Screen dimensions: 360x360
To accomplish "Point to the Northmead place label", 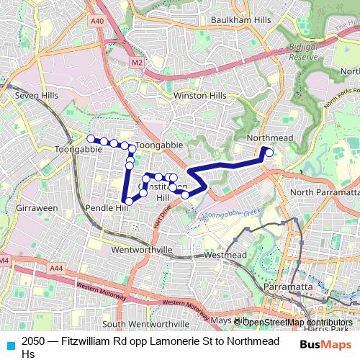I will [x=266, y=137].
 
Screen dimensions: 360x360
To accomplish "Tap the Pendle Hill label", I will [x=107, y=207].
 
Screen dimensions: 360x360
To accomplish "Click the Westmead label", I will [x=225, y=255].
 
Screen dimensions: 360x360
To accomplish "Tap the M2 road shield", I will [x=137, y=63].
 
